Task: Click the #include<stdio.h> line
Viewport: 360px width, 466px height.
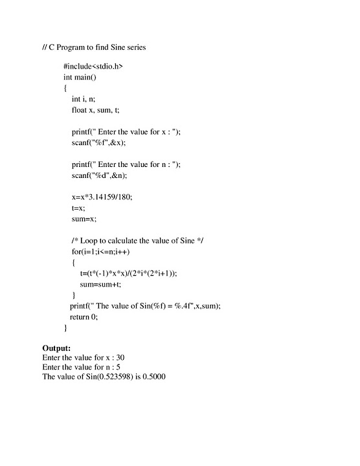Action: pos(93,66)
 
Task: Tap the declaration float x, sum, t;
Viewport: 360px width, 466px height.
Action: pos(96,110)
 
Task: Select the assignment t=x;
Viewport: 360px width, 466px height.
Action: pos(78,208)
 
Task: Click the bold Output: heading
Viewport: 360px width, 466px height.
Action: pos(56,348)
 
